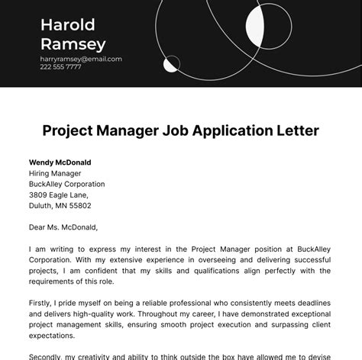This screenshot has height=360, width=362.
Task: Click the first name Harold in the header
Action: (x=68, y=25)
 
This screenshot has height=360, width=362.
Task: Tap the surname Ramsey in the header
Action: (x=73, y=44)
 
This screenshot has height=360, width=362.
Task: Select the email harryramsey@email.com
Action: (x=81, y=59)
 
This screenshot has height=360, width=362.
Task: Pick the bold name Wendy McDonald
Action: (x=60, y=162)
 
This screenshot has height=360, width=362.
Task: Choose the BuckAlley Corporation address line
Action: (x=67, y=184)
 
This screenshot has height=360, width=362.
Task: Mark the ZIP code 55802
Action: (x=79, y=205)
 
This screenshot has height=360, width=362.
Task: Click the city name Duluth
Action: (x=41, y=205)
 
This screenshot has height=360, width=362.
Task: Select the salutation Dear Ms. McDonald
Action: (x=63, y=227)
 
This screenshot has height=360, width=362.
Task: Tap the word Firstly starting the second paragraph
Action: (x=41, y=292)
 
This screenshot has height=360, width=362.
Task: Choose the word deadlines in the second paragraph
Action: (x=312, y=292)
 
